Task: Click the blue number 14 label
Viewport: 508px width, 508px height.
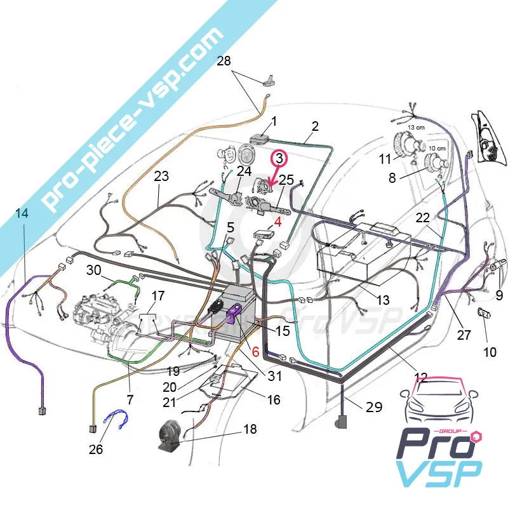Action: tap(22, 214)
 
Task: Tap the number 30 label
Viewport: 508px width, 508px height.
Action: tap(94, 270)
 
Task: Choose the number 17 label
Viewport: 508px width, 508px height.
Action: tap(157, 296)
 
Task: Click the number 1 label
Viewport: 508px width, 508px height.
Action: tap(274, 121)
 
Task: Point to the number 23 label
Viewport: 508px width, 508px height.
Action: tap(161, 176)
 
